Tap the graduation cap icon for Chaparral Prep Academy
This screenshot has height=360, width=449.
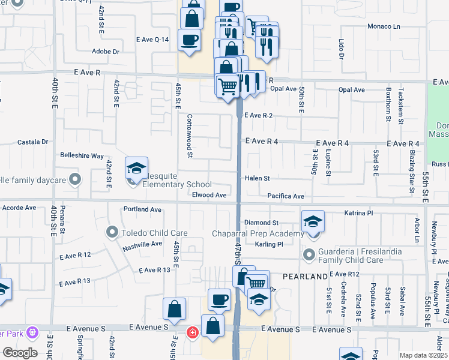click(312, 222)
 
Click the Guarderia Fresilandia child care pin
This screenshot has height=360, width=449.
click(310, 256)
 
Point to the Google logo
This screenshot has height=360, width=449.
click(20, 353)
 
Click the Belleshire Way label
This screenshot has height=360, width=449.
click(82, 155)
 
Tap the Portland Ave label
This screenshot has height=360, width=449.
click(143, 210)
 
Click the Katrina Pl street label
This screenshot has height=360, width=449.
click(359, 213)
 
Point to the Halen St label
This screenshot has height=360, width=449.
click(258, 178)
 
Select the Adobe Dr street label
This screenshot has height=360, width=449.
click(106, 52)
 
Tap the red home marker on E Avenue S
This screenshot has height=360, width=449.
click(192, 332)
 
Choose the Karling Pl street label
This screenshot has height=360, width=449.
click(268, 245)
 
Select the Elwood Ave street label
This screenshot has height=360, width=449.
click(209, 195)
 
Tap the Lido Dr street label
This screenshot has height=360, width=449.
click(341, 49)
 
